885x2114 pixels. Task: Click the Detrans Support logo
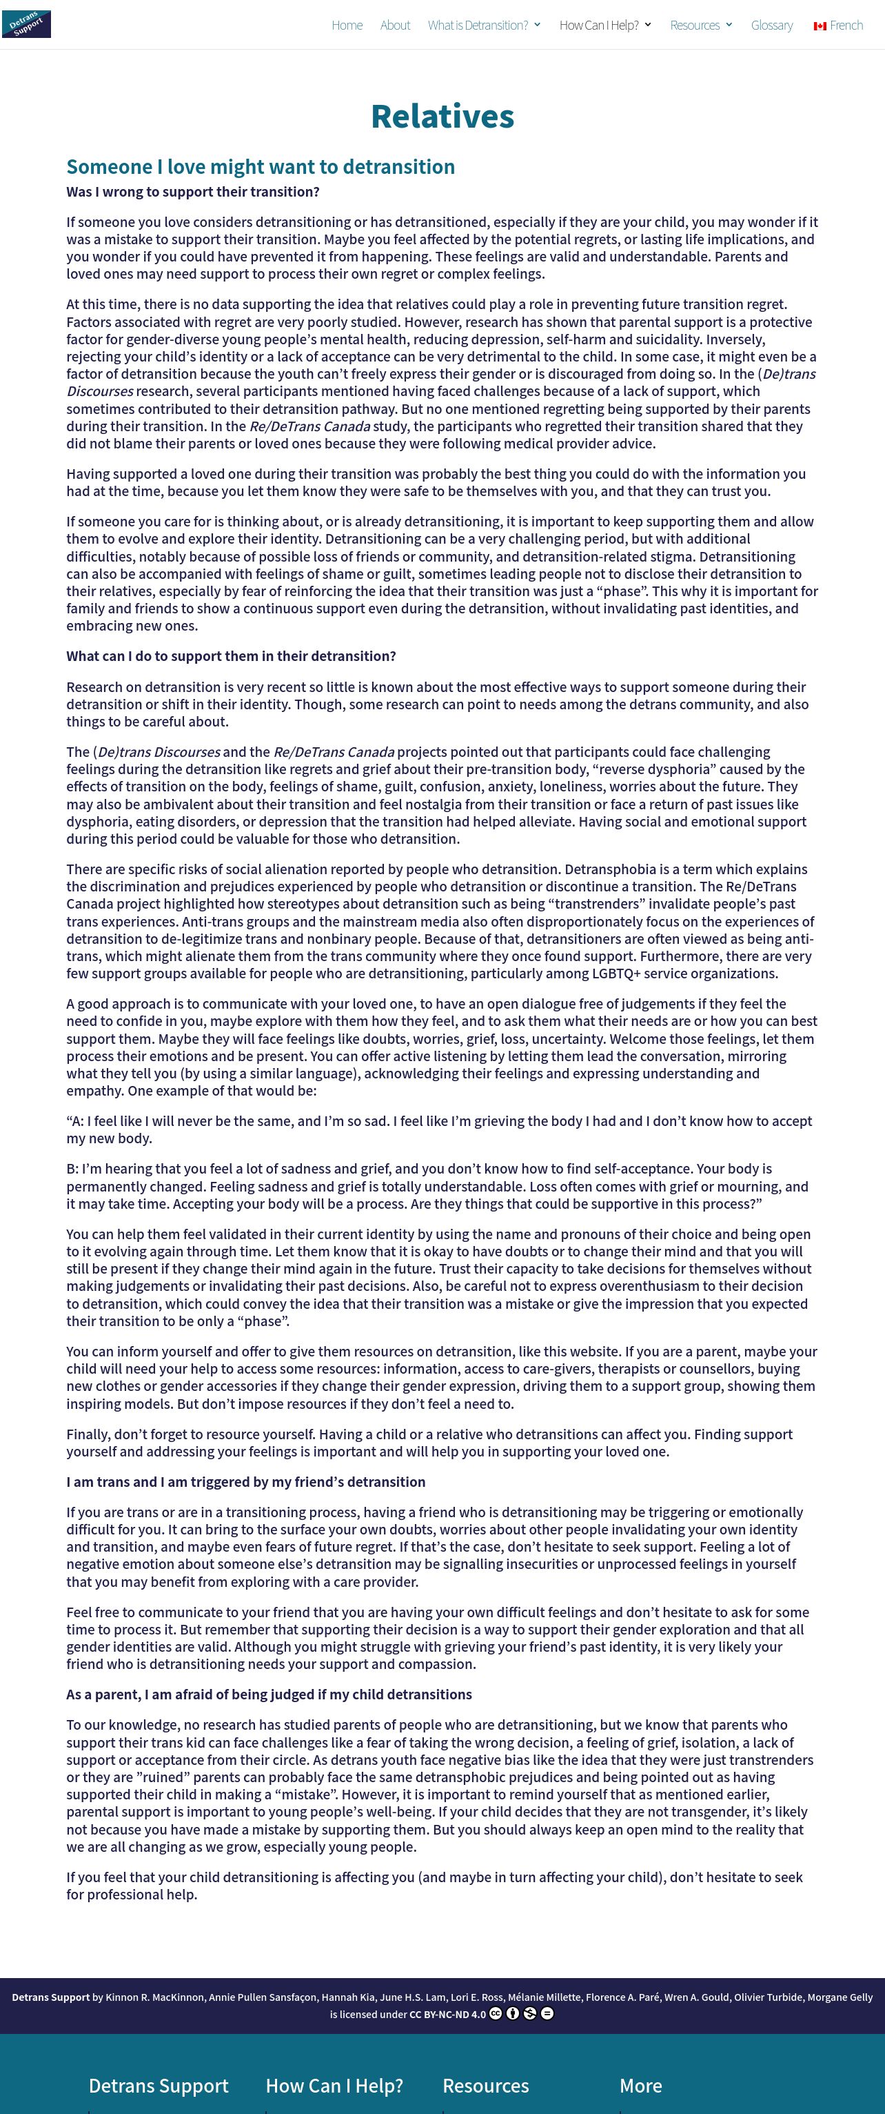coord(26,23)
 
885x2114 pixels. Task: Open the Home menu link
coord(347,26)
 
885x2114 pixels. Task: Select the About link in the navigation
coord(394,26)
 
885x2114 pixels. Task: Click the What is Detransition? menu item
coord(478,26)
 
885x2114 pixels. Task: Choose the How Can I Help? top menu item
coord(599,26)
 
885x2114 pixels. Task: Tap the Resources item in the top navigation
coord(695,26)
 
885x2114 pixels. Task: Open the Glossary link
coord(772,26)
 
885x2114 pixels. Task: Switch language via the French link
coord(846,26)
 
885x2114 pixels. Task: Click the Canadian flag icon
coord(820,26)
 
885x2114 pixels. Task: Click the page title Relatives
coord(442,117)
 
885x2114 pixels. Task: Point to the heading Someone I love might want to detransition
coord(260,166)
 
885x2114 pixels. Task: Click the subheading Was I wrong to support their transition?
coord(193,192)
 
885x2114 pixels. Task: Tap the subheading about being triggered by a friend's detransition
coord(246,1482)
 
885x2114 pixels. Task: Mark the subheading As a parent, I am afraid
coord(269,1695)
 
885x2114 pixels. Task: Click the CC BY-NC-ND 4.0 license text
coord(448,2014)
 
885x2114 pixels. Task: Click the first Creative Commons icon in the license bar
coord(496,2013)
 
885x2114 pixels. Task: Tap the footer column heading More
coord(640,2085)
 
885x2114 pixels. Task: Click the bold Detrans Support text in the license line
coord(51,1997)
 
